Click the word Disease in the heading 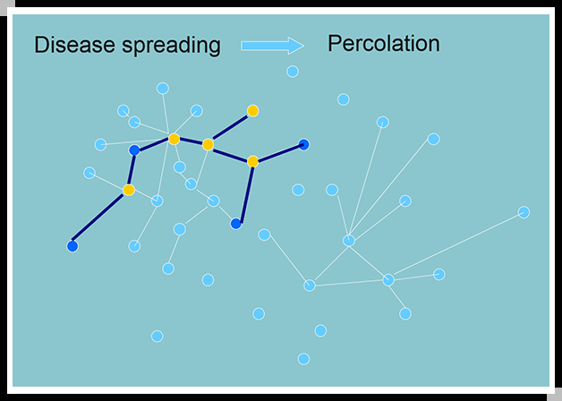(x=73, y=45)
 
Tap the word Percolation (x=383, y=43)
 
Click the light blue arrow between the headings (x=272, y=45)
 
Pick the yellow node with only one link (x=252, y=111)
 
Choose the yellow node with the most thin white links (x=174, y=139)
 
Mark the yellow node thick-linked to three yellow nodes (x=208, y=144)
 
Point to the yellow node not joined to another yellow (x=129, y=190)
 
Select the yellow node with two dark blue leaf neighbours (x=252, y=161)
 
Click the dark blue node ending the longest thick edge (x=72, y=245)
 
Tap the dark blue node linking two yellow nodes (x=134, y=150)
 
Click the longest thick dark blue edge (x=100, y=218)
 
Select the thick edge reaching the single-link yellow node (x=230, y=127)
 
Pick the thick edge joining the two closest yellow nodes (x=191, y=141)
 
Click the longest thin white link (x=456, y=246)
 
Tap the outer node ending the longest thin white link (x=524, y=212)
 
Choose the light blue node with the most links (x=349, y=241)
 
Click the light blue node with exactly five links (x=388, y=280)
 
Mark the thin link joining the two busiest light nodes (x=369, y=260)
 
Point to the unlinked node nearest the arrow (x=292, y=72)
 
